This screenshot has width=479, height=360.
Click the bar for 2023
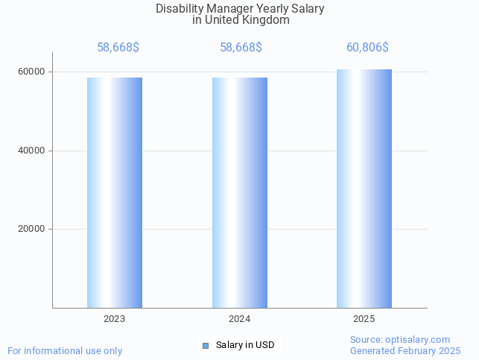click(115, 192)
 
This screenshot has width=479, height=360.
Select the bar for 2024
click(240, 192)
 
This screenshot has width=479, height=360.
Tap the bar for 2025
click(364, 189)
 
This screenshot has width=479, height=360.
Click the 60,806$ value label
click(367, 48)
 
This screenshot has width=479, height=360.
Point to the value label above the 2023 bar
click(118, 48)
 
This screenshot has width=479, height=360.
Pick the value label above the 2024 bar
click(241, 48)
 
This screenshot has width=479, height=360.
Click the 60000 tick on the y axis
click(32, 72)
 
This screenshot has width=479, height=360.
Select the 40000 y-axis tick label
click(32, 151)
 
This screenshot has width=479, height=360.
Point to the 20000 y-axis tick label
click(32, 230)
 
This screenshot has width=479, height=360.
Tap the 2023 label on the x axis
click(115, 319)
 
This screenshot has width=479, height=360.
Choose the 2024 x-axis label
click(240, 319)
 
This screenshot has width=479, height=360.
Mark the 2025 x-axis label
click(364, 319)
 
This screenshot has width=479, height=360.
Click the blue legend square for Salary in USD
click(206, 345)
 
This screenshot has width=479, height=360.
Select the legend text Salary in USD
click(245, 345)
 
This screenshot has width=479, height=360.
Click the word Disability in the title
click(178, 9)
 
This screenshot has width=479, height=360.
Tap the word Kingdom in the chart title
click(265, 20)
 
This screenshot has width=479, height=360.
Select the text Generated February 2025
click(405, 351)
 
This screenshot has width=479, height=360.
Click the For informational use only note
click(65, 351)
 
